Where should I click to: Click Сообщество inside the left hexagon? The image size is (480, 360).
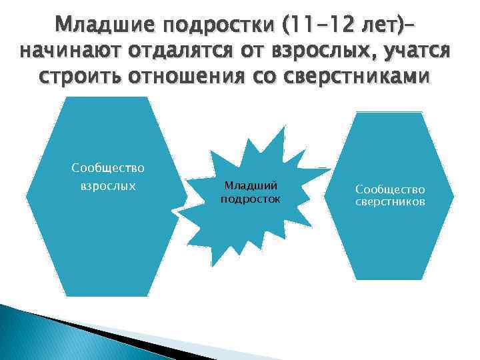(108, 167)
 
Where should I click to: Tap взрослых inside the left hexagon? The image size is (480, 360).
(108, 185)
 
